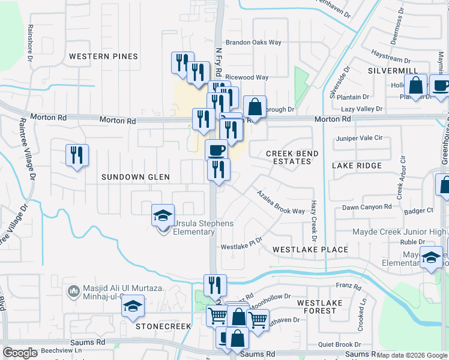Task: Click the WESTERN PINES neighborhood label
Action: coord(103,56)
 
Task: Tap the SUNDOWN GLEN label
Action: coord(135,177)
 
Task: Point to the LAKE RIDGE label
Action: coord(357,166)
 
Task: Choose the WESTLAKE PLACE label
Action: coord(310,249)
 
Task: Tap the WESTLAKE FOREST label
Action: coord(319,307)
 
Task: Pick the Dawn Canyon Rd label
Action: coord(366,207)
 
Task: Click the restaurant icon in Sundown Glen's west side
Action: coord(77,155)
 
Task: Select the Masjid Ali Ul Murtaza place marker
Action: coord(74,290)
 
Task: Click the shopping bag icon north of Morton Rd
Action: coord(255,107)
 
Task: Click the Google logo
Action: coord(20,353)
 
